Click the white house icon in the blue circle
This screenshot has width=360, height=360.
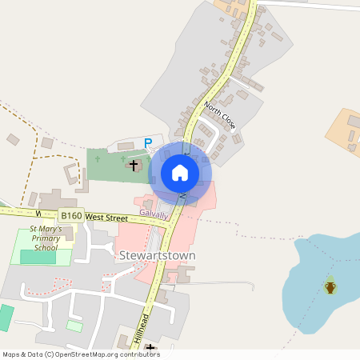[180, 173]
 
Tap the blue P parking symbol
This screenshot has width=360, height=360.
[147, 143]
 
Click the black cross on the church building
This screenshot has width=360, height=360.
[133, 165]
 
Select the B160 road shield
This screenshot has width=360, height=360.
[70, 216]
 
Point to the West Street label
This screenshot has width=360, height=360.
[106, 217]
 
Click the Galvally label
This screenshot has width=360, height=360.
[154, 214]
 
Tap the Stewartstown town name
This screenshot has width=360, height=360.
[157, 256]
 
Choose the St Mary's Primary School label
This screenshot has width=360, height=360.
[44, 239]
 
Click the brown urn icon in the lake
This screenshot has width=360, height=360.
[330, 286]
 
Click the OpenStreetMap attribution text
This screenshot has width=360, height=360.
[81, 354]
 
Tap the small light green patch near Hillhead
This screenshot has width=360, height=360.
[74, 326]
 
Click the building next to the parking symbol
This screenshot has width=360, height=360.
[126, 146]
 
